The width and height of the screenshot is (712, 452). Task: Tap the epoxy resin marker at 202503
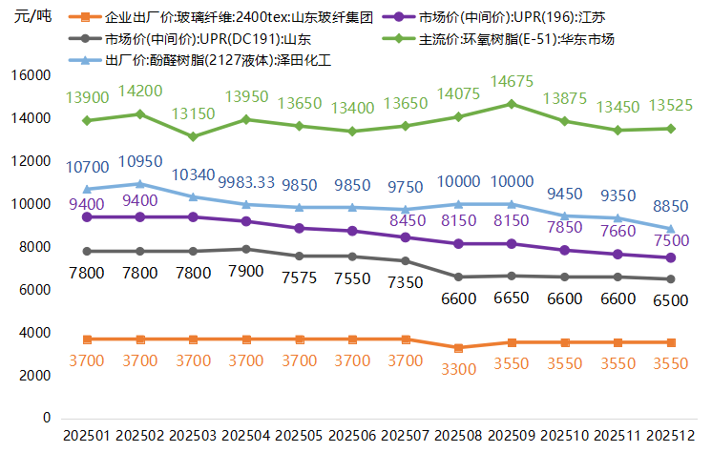coord(194,136)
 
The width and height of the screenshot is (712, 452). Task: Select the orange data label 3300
coord(458,368)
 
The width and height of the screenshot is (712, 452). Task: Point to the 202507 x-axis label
coord(406,435)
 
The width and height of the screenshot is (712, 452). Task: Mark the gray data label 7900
coord(246,272)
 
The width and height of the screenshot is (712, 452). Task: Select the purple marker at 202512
coord(671,257)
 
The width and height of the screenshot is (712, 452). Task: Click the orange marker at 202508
coord(458,348)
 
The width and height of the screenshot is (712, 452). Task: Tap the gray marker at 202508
coord(458,277)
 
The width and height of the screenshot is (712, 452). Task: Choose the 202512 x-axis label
coord(670,435)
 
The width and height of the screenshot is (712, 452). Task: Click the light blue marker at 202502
coord(140,184)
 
